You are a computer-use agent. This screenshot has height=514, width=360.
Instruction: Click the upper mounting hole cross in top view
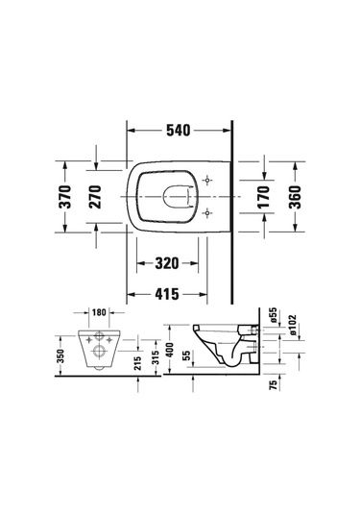pyautogui.click(x=208, y=181)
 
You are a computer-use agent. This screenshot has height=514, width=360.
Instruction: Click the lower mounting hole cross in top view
pyautogui.click(x=208, y=212)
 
